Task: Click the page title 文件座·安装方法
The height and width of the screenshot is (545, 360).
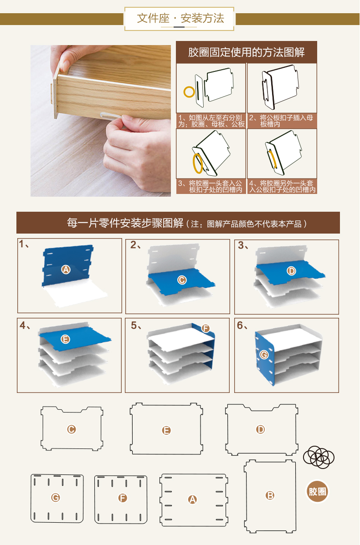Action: pos(180,18)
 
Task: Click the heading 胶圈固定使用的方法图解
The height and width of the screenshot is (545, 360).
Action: pos(246,52)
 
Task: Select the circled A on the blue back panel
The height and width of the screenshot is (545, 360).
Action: pos(66,269)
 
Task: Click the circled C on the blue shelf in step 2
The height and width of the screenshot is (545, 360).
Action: pos(181,280)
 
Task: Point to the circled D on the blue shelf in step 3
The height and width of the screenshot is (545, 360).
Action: pos(292,271)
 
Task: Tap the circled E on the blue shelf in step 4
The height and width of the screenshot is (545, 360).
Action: pos(65,339)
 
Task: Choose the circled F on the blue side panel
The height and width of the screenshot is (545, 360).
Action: pos(206,328)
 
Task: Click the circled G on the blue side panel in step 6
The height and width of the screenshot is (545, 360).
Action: pos(264,355)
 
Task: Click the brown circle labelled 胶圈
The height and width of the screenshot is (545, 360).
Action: pos(317,491)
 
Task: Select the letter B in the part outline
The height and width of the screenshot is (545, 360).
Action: pos(270,496)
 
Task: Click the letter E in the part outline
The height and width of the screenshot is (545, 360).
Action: pos(166,430)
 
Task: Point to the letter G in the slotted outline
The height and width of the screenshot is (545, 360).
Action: pos(55,498)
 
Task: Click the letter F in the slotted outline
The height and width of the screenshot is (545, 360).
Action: pos(123,498)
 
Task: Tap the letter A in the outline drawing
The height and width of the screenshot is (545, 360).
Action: pos(192,499)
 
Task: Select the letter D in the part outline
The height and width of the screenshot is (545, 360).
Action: pos(261,429)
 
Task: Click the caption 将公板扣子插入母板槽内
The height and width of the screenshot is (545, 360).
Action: pos(282,121)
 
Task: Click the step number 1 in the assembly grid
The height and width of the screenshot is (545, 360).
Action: pos(21,244)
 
